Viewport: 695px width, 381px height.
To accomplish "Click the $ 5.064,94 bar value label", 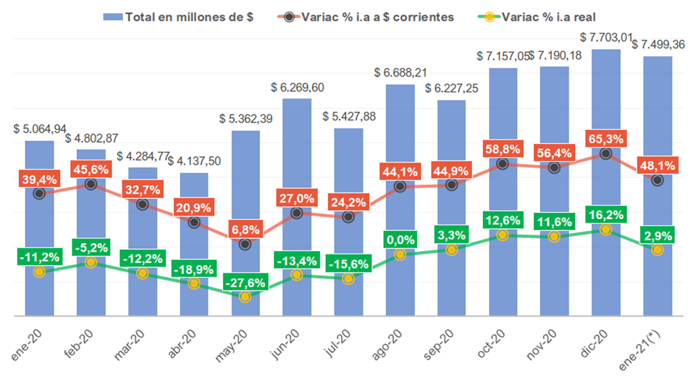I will [40, 129].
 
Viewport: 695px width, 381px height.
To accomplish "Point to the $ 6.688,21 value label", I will [400, 72].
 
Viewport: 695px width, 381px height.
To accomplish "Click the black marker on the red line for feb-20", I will [90, 184].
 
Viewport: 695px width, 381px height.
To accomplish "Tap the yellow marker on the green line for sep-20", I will [452, 250].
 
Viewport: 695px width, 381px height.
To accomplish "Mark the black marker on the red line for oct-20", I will [502, 164].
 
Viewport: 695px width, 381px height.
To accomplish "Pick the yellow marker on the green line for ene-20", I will [39, 272].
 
